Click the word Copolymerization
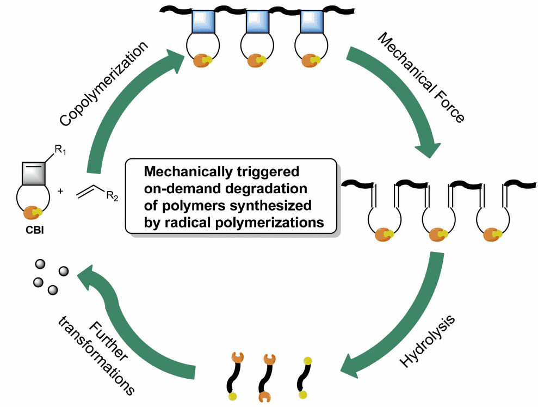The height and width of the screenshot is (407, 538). [x=103, y=83]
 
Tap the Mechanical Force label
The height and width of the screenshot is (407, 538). [x=422, y=78]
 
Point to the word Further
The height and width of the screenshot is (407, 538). [x=108, y=341]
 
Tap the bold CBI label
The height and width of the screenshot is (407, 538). [x=35, y=230]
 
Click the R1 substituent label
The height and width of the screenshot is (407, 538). [x=60, y=150]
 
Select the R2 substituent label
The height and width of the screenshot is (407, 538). [x=112, y=196]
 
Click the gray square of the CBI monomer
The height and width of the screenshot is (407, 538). [x=34, y=174]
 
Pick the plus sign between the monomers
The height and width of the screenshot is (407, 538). [x=60, y=191]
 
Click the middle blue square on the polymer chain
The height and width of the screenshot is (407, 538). [x=257, y=22]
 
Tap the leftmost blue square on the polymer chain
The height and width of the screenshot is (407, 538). [x=203, y=22]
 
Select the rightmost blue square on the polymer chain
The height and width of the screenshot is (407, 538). [x=312, y=22]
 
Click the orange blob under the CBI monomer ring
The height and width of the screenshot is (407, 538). [x=32, y=212]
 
